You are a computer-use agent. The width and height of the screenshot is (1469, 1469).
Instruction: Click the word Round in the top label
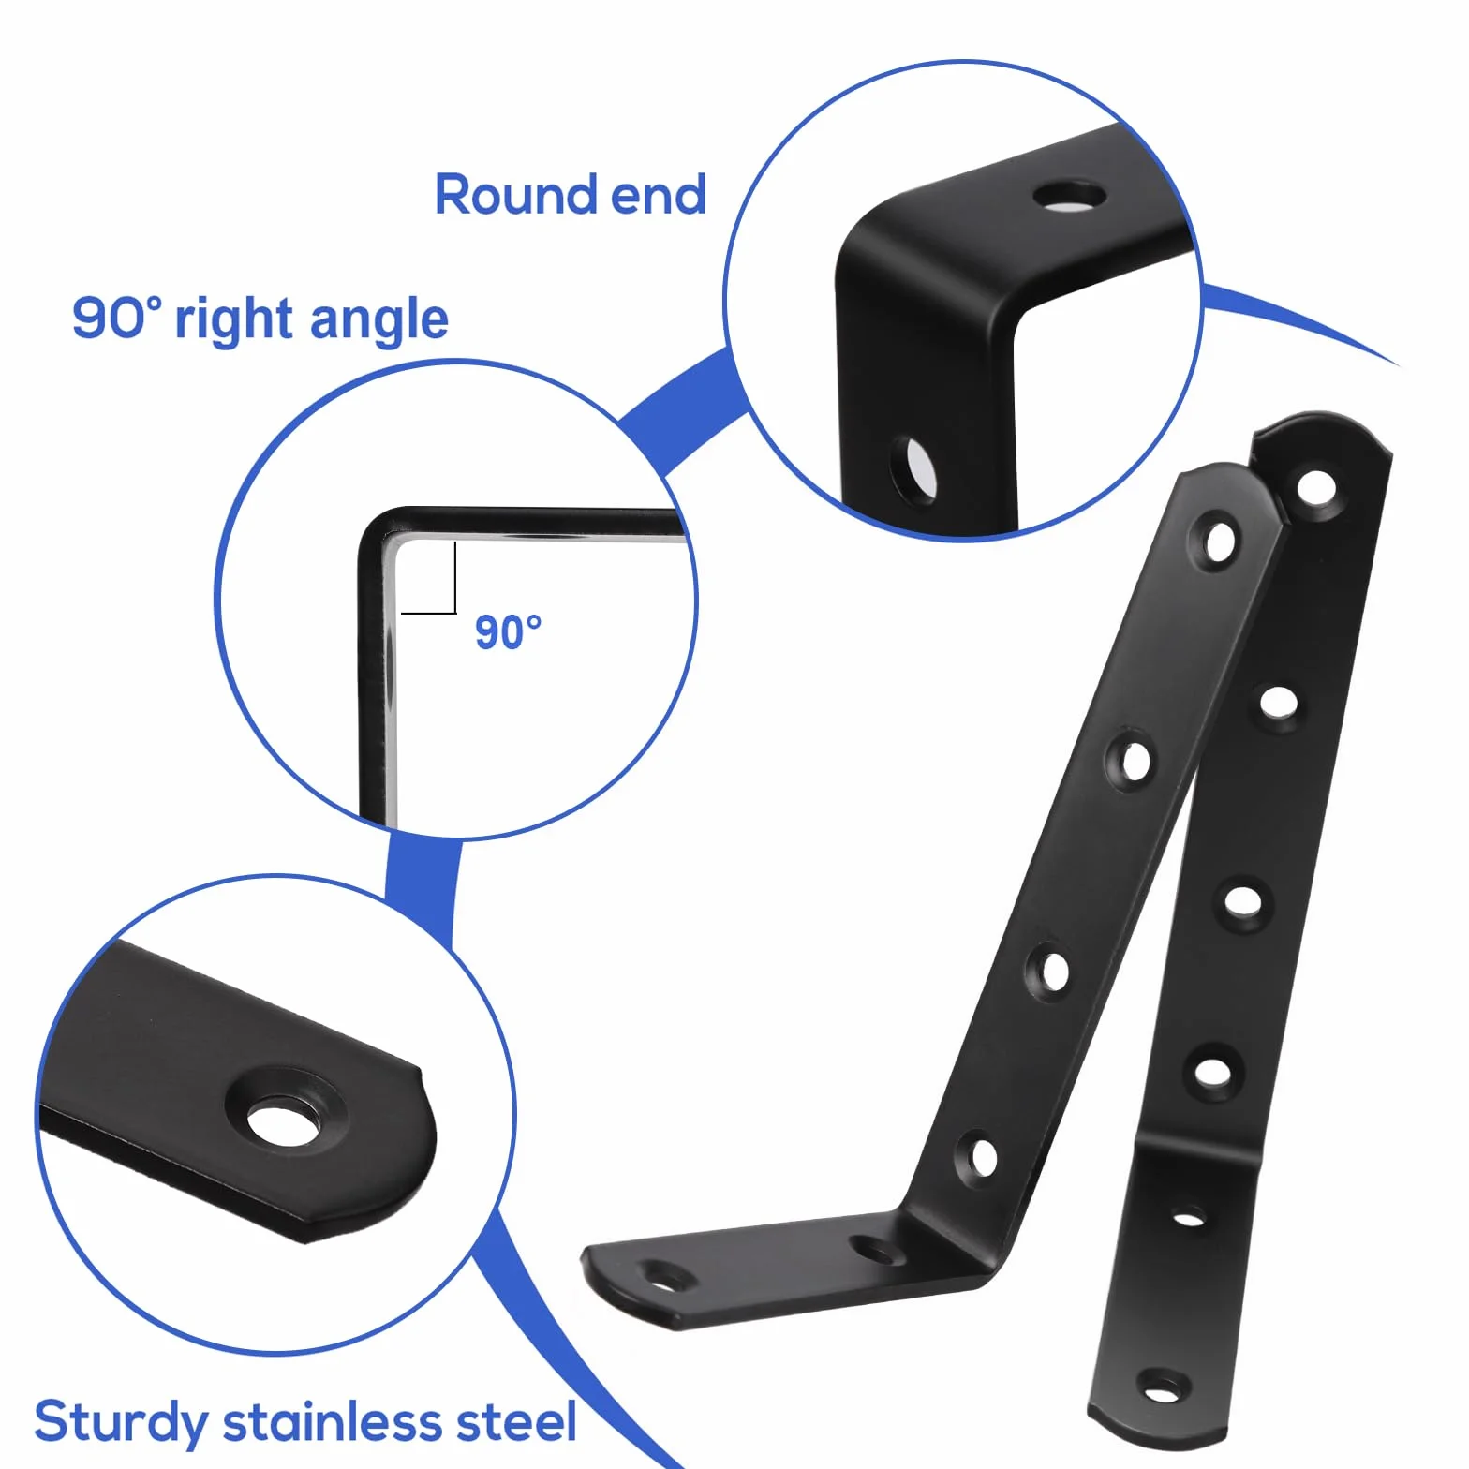[x=516, y=195]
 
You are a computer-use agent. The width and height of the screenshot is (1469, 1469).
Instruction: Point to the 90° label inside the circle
[x=509, y=632]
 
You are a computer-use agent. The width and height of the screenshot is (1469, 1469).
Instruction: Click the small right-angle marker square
[x=428, y=578]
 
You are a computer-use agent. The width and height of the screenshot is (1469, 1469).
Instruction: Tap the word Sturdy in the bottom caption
[x=121, y=1423]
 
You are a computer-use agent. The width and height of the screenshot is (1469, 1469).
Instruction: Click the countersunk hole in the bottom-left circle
[x=284, y=1122]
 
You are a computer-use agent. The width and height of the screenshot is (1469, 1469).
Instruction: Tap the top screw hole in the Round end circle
[x=1069, y=197]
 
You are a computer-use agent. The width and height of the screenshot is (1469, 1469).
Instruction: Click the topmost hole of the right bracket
[x=1316, y=487]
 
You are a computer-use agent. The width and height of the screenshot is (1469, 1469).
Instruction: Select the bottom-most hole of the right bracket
[x=1163, y=1387]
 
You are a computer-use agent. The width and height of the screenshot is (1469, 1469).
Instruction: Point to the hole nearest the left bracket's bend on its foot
[x=874, y=1248]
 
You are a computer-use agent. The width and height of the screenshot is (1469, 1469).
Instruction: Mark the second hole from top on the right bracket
[x=1279, y=702]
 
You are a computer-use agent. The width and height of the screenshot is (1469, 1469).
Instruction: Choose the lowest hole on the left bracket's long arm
[x=981, y=1157]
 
